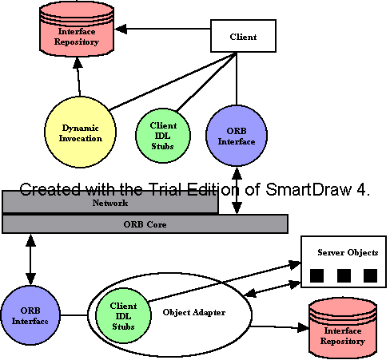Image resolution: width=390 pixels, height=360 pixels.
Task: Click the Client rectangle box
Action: point(243,36)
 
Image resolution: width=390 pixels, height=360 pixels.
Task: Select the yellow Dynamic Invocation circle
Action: point(80,133)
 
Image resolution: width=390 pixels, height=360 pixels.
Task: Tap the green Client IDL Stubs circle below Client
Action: point(163,136)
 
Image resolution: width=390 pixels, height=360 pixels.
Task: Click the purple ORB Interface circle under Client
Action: point(237,136)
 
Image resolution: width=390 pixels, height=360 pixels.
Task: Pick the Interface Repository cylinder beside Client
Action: point(77,29)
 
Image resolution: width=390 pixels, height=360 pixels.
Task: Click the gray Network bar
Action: point(110,202)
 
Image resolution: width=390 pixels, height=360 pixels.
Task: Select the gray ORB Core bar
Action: point(145,224)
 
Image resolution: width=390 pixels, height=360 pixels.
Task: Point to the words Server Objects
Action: point(348,252)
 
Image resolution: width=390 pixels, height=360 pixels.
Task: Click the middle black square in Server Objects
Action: point(344,275)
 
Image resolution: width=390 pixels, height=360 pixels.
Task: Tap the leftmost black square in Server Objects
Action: point(317,275)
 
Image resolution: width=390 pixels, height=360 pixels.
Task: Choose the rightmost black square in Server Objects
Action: point(370,275)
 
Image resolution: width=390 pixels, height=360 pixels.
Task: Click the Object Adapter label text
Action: point(194,312)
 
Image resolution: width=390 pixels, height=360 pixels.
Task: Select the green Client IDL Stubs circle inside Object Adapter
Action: point(123,316)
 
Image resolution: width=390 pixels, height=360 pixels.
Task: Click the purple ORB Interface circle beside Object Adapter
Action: point(30,315)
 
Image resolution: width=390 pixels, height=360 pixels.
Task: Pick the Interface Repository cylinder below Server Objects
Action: point(343,329)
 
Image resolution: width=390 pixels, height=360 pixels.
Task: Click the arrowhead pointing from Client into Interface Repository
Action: point(121,29)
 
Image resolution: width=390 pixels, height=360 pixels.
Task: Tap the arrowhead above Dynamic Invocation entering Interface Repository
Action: point(78,62)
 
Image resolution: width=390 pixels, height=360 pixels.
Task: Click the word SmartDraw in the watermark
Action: point(308,189)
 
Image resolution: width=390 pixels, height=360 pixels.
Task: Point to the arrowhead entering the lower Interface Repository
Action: point(303,327)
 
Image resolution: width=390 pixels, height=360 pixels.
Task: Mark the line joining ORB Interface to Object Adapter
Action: point(74,315)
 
